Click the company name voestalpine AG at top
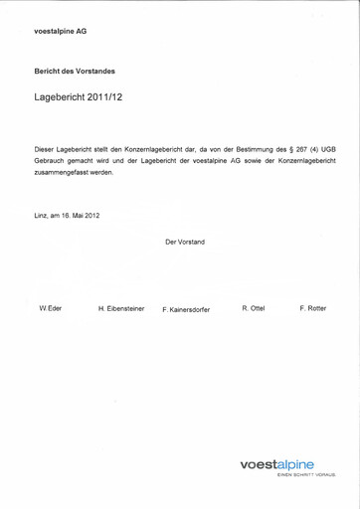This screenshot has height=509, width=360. click(x=61, y=31)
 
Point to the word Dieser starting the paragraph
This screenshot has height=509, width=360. click(x=46, y=148)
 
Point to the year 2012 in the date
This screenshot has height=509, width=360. click(x=90, y=215)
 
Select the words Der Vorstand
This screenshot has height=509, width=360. click(x=185, y=242)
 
